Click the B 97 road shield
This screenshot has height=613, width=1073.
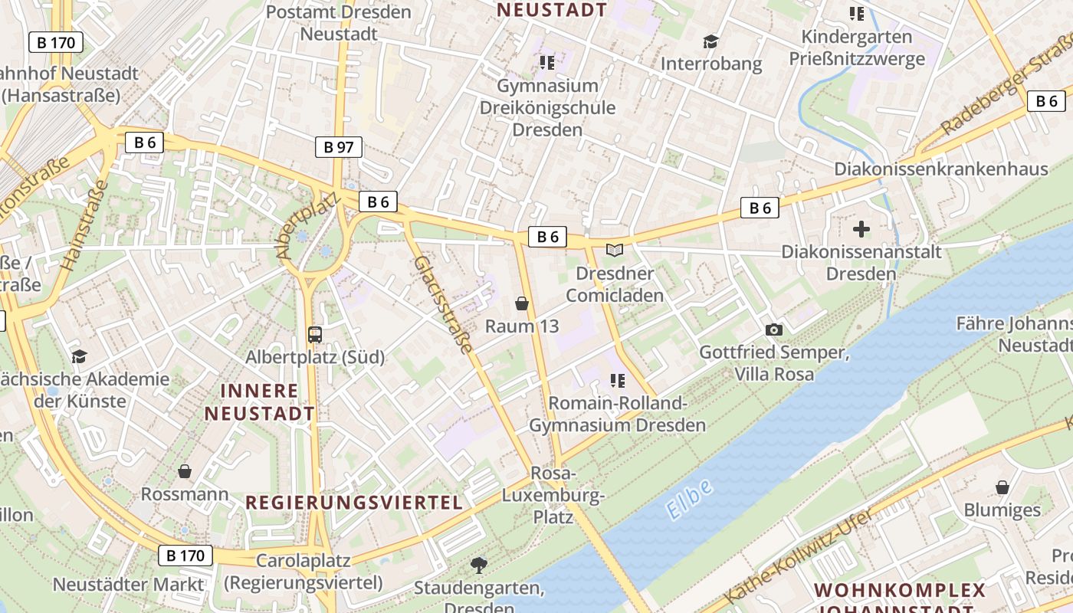(338, 147)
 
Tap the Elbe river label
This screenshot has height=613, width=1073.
(690, 499)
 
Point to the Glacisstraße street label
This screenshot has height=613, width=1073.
(443, 304)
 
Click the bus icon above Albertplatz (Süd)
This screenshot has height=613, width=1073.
(315, 334)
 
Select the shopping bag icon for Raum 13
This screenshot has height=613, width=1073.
(522, 303)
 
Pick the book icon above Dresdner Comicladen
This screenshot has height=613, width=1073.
(614, 250)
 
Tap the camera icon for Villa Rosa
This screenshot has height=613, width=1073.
(774, 329)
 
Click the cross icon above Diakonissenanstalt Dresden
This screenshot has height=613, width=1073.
(861, 228)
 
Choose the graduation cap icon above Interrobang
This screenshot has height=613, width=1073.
(711, 41)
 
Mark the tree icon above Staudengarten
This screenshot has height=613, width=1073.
(479, 565)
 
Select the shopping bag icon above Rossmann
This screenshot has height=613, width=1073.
(184, 470)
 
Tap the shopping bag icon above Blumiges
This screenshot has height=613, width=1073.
(1002, 487)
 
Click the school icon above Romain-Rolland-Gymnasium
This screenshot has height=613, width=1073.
(617, 380)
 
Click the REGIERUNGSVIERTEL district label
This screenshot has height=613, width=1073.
(354, 503)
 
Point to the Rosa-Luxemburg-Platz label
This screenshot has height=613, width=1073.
(553, 495)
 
